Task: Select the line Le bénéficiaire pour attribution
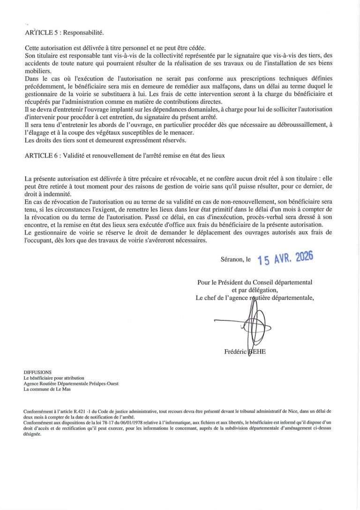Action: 54,378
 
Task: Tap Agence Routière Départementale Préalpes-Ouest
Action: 71,383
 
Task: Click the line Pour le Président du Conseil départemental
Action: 255,282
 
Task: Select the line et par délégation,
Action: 255,290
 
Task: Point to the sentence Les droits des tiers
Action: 105,140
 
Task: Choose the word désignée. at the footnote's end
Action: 32,434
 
